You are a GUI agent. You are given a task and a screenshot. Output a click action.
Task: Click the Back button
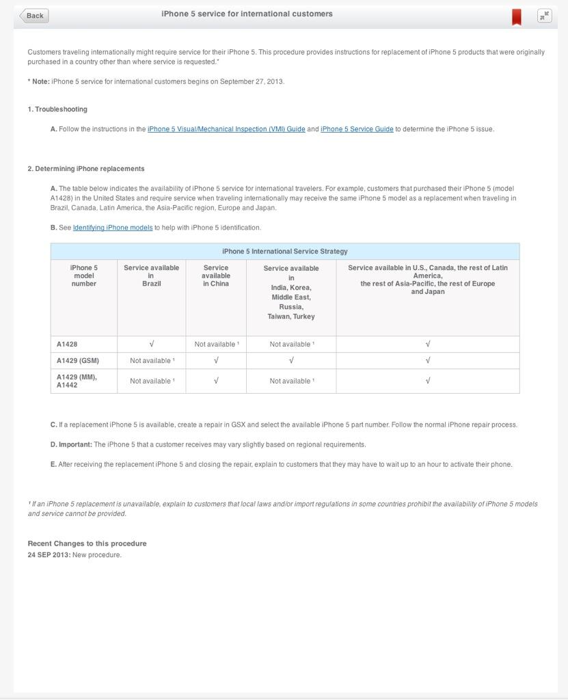[34, 16]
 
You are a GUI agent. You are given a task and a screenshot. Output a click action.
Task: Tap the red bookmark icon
[517, 17]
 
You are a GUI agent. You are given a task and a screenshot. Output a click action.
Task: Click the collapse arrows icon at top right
[544, 16]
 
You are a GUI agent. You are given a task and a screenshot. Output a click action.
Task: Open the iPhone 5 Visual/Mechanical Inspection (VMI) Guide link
[226, 129]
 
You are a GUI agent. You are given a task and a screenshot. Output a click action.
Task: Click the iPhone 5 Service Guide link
[357, 129]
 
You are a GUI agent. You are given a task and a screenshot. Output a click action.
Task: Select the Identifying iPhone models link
[113, 228]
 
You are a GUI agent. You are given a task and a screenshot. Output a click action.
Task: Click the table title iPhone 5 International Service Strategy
[285, 252]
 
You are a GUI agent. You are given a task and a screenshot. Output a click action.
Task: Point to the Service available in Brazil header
[151, 275]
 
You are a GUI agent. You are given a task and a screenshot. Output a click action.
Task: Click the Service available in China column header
[216, 275]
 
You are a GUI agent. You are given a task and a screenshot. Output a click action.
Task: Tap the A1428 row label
[67, 345]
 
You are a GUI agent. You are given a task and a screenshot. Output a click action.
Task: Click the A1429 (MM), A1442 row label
[77, 381]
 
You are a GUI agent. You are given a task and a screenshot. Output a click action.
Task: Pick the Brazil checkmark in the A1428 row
[152, 345]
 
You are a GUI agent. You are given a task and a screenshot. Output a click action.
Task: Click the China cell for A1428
[216, 345]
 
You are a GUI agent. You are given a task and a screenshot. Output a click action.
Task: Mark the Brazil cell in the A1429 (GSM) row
[152, 361]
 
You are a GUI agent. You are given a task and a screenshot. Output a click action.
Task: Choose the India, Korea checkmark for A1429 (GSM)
[291, 361]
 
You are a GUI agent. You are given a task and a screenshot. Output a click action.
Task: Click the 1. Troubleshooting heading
[57, 109]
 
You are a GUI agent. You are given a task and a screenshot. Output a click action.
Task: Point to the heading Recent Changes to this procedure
[87, 543]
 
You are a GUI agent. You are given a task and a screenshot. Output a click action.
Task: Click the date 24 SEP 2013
[49, 555]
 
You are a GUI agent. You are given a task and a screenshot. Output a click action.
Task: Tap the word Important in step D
[75, 445]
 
